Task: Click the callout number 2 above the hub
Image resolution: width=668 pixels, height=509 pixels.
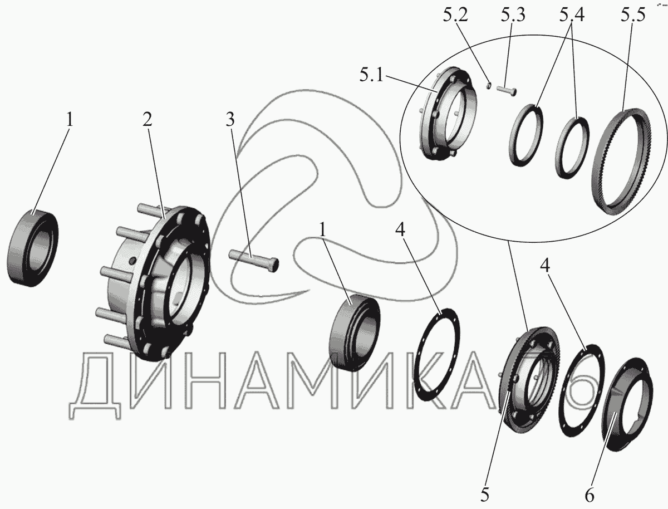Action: coord(148,120)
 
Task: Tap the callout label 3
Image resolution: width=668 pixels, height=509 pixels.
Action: coord(230,120)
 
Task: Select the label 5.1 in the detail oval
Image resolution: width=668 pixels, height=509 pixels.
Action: coord(371,75)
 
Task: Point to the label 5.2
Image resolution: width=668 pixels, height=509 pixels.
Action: coord(455,15)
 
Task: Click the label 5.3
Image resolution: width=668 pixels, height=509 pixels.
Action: coord(513,15)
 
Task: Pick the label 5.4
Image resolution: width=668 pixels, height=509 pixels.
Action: coord(572,15)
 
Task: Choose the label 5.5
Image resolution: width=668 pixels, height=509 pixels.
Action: coord(633,15)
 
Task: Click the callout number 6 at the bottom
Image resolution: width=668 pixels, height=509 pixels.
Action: coord(590,495)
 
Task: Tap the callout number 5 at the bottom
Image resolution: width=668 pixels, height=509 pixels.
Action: coord(485,495)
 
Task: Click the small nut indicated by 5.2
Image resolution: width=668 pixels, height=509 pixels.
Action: coord(488,86)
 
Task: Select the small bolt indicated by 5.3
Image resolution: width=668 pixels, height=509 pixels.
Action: coord(507,90)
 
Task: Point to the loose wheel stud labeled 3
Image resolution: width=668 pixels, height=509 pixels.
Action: coord(254,260)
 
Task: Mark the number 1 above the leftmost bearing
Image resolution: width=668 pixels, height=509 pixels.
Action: coord(70,120)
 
